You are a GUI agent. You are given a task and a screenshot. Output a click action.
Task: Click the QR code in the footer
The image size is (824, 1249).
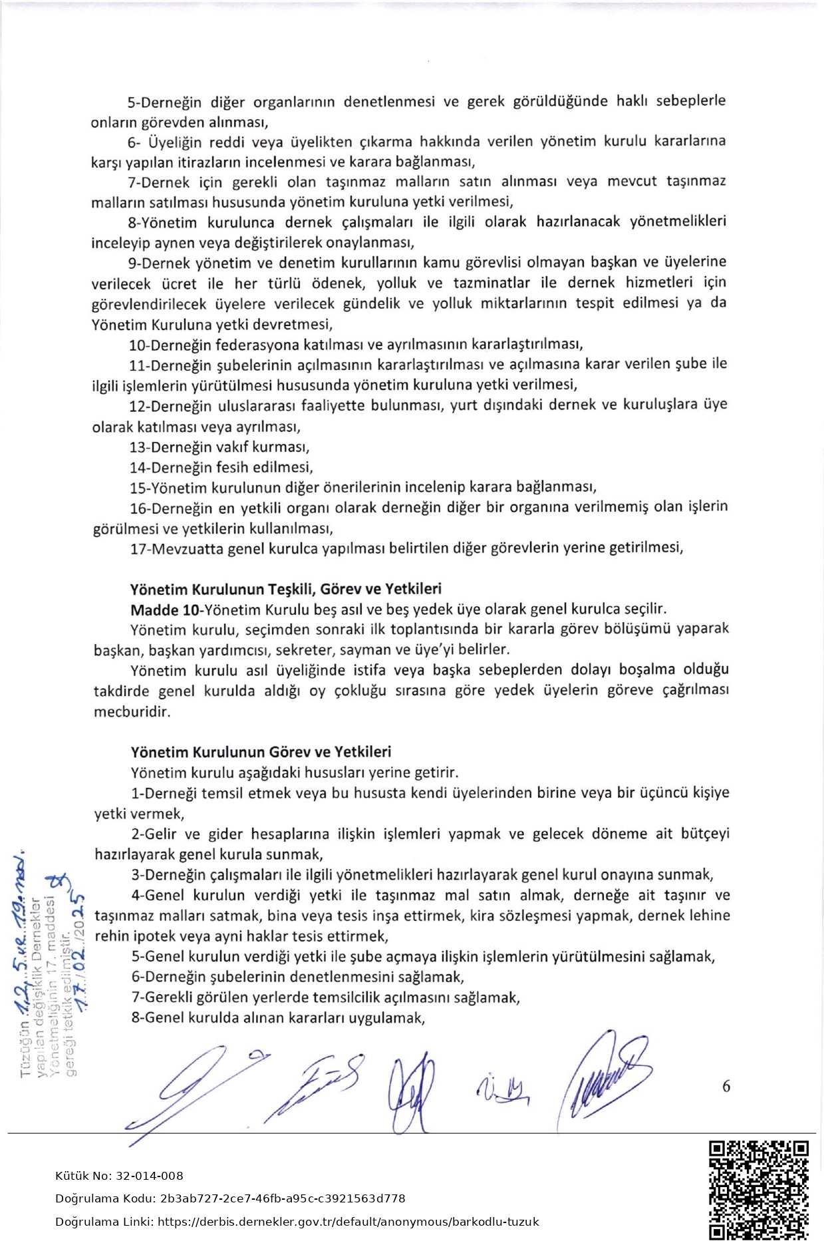point(759,1190)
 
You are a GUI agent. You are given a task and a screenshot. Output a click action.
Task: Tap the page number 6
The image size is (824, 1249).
point(726,1086)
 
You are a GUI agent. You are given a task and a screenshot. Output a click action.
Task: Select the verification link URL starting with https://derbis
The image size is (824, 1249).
point(349,1222)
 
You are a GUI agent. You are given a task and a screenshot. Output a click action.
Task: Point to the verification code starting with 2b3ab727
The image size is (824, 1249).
point(283,1198)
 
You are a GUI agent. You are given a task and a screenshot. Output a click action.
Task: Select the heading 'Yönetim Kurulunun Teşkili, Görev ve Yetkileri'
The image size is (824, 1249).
point(286,589)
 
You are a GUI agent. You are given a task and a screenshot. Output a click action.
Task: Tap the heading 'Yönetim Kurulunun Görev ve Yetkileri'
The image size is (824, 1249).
point(261,752)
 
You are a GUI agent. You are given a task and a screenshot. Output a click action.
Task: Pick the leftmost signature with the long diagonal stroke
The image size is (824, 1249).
point(193,1091)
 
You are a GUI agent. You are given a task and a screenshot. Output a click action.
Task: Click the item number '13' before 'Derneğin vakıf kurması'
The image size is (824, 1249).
point(138,447)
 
